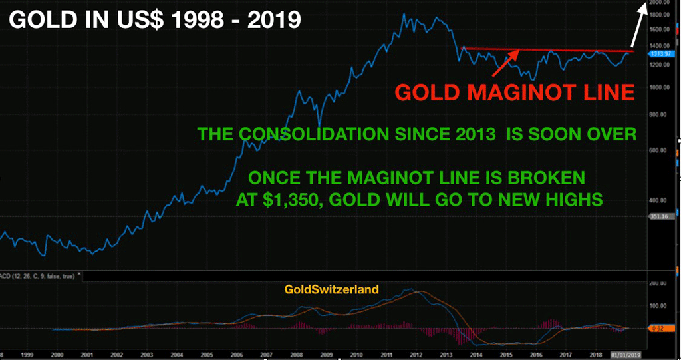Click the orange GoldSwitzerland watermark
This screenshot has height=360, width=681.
pyautogui.click(x=331, y=289)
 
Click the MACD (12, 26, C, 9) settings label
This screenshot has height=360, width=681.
pyautogui.click(x=37, y=274)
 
